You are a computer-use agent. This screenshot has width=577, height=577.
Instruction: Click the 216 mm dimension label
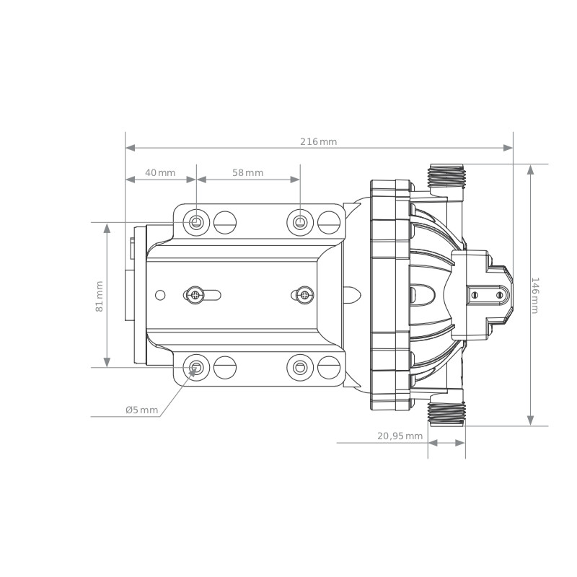318,141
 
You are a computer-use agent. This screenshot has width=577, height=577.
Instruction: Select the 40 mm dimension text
160,172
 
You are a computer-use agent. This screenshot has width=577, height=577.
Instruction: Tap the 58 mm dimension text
247,172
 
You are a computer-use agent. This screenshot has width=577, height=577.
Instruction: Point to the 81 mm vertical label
100,296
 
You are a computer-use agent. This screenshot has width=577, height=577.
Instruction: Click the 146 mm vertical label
535,296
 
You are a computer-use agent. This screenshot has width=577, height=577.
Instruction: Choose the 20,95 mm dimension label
400,436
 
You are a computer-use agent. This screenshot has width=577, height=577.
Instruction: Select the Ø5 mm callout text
141,410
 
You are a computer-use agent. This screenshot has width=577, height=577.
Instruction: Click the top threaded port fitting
447,175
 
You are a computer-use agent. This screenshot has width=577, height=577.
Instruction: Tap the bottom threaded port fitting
447,414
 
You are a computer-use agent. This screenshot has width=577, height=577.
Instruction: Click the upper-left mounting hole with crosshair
196,222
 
